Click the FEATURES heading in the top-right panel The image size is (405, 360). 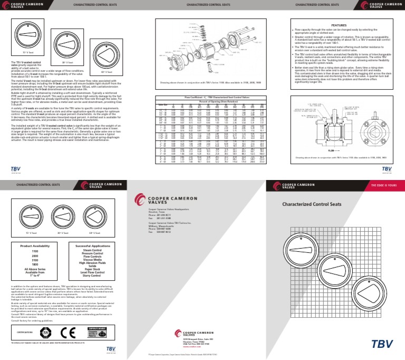coord(338,25)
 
